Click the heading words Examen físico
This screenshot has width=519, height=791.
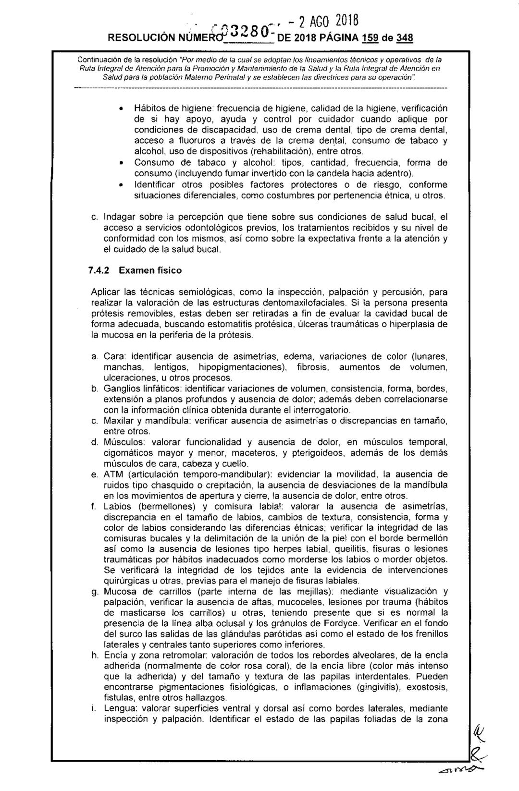[x=150, y=270]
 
